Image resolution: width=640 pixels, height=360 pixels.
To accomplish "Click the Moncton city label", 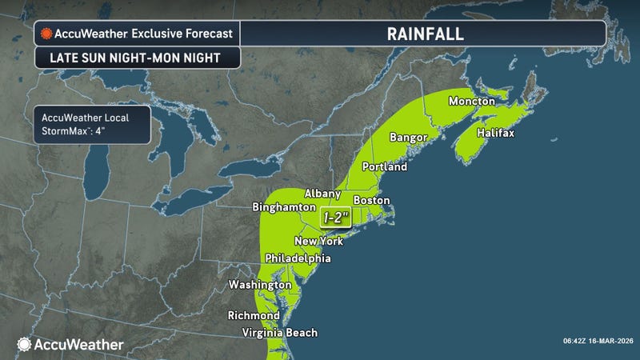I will tap(473, 102).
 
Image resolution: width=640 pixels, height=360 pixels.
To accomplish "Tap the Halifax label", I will tap(494, 132).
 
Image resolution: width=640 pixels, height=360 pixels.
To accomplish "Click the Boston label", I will tap(371, 199).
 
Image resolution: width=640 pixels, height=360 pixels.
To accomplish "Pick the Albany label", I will tap(324, 194).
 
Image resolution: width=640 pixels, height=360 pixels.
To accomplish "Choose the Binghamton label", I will tap(284, 206).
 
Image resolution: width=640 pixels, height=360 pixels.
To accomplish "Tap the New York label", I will tap(318, 241).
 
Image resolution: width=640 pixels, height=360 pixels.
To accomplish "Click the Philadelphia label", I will tap(298, 258).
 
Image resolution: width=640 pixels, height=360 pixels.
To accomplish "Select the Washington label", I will tap(260, 285).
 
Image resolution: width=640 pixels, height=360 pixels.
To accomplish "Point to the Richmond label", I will tap(254, 315).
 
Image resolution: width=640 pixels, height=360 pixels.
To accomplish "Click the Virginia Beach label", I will tap(280, 333).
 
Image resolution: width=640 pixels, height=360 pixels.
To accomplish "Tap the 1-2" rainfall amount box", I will tap(336, 217).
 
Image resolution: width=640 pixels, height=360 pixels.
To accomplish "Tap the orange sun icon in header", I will tap(47, 34).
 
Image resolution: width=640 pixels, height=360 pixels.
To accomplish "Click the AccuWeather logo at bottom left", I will tap(70, 344).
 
